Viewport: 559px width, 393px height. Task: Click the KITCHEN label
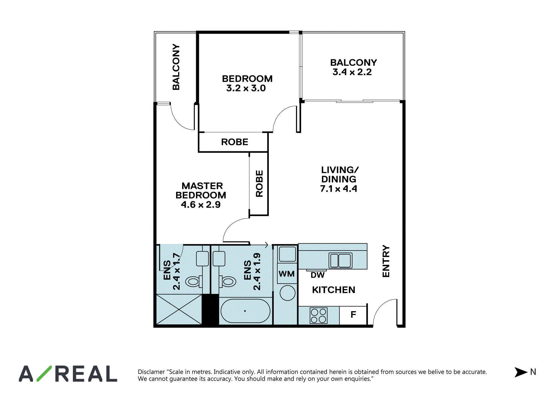334,290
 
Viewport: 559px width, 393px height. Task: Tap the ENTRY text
386,261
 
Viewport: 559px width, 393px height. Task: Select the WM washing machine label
287,274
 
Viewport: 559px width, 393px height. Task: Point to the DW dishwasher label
318,275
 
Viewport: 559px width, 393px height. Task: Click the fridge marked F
353,315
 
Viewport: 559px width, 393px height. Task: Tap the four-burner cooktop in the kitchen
318,316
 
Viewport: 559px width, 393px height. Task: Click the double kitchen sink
340,260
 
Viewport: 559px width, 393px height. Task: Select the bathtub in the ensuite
245,311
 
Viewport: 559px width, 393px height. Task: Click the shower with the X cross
179,310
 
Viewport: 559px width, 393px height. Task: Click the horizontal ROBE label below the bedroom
235,142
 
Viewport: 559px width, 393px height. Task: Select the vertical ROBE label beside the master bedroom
259,183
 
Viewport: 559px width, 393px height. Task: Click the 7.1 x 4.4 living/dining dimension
339,189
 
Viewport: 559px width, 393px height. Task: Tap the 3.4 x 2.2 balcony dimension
352,72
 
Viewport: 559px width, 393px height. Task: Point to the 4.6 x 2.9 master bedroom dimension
201,205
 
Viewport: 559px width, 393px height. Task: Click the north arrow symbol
521,372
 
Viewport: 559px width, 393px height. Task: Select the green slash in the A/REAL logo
44,374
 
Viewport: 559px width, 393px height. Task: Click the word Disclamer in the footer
151,372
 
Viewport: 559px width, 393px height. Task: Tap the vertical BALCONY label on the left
176,67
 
